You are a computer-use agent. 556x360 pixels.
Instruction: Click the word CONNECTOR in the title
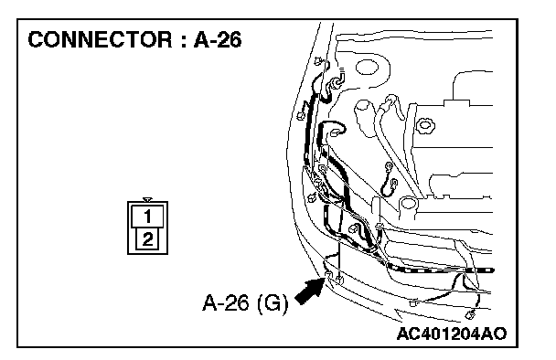point(101,39)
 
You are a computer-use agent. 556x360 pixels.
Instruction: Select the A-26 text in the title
point(218,39)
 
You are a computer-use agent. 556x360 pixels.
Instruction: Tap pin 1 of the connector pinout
point(147,216)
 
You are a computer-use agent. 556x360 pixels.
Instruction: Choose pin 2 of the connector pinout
point(147,239)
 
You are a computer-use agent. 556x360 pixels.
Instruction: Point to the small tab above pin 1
point(147,200)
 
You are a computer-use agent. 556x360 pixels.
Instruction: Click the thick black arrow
point(310,291)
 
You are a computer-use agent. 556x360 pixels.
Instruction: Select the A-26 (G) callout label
point(245,303)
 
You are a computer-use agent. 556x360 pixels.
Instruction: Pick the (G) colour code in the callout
point(272,303)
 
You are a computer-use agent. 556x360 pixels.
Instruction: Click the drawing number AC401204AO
point(452,334)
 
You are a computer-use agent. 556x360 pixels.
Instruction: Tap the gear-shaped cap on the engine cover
point(425,125)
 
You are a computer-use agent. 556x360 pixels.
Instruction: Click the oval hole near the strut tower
point(367,68)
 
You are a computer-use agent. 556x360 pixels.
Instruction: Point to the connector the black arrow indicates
point(328,275)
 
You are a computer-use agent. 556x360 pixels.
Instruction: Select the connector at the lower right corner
point(470,314)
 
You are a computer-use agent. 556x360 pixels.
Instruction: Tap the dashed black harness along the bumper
point(440,270)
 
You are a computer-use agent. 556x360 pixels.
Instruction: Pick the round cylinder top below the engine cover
point(408,203)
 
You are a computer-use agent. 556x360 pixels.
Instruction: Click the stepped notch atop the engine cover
point(456,102)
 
